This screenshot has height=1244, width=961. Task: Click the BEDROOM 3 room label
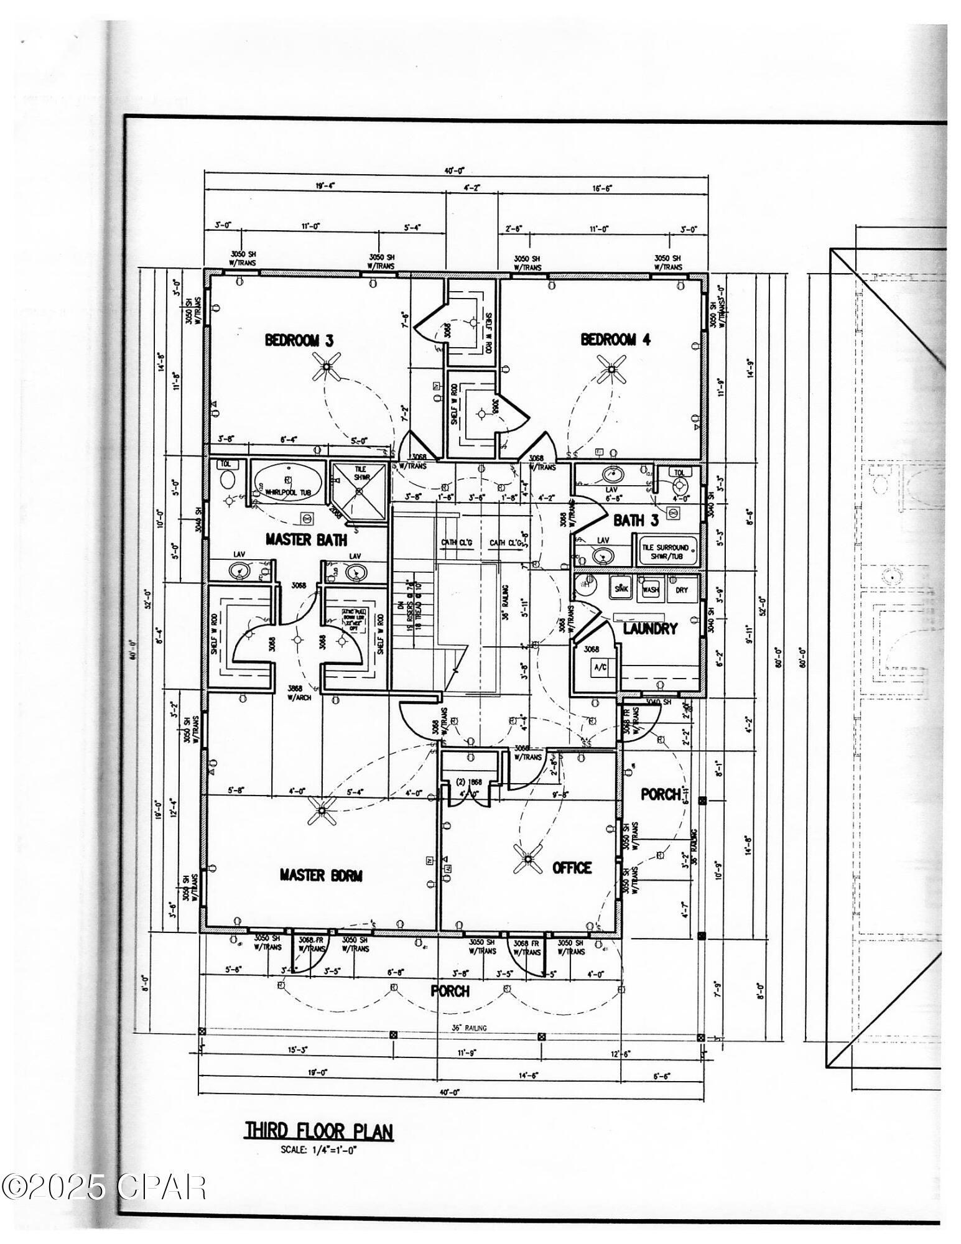(x=299, y=340)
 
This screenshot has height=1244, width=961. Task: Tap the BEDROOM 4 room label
(x=616, y=340)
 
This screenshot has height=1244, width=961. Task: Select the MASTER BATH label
(x=306, y=539)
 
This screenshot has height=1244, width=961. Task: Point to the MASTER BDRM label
(x=320, y=875)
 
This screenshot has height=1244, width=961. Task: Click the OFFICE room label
(x=572, y=868)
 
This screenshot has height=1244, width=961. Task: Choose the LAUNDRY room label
(x=650, y=629)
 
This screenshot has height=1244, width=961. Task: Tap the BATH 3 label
(x=636, y=521)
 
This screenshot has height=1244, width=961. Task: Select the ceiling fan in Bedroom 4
(x=611, y=368)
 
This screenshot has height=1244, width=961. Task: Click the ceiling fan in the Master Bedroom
(x=322, y=810)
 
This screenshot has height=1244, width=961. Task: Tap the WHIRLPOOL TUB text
(x=287, y=492)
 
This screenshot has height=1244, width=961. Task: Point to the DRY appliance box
(x=682, y=590)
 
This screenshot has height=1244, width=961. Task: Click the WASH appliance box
(x=651, y=590)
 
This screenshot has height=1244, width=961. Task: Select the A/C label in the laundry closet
(x=600, y=667)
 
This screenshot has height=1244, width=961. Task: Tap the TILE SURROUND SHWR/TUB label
(x=666, y=552)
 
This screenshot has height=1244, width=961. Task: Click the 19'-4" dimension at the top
(x=325, y=185)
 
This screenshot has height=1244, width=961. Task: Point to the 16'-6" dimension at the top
(x=601, y=188)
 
